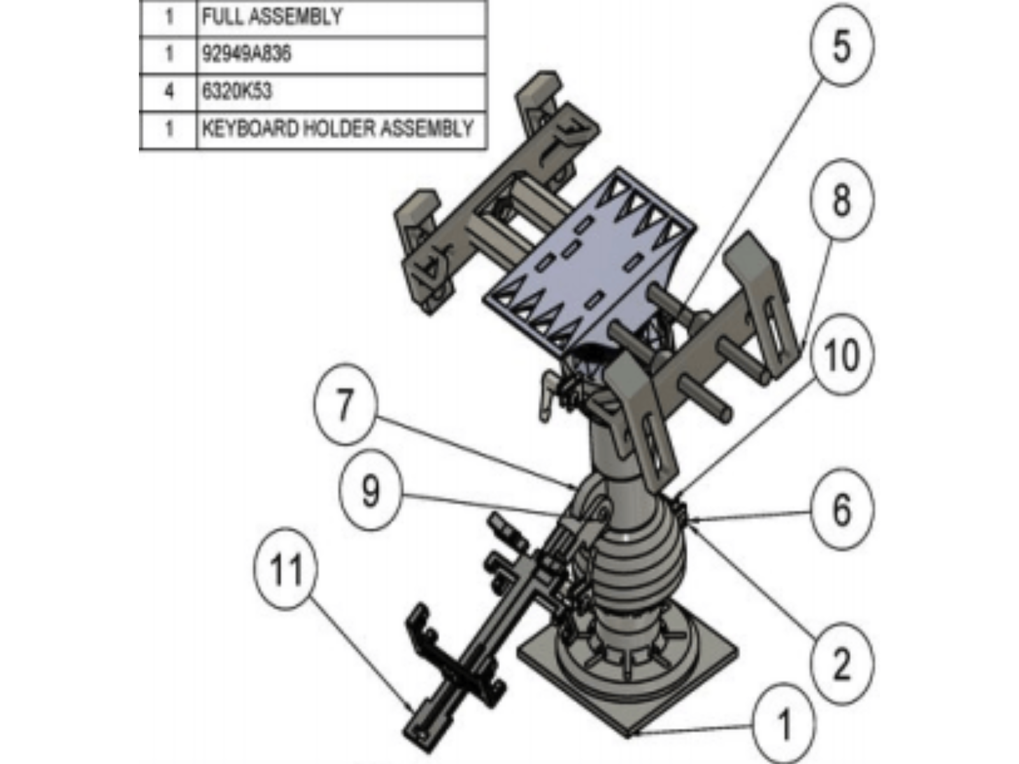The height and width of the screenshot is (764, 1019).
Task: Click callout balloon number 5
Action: [841, 46]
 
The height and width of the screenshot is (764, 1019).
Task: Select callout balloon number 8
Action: [841, 200]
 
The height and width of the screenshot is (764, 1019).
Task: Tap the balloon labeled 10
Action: [841, 354]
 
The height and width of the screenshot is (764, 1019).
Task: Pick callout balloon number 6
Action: [841, 509]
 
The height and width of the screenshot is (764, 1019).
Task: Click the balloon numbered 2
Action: [841, 664]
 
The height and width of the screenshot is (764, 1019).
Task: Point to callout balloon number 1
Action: [784, 724]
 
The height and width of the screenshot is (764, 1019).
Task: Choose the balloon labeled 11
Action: [285, 569]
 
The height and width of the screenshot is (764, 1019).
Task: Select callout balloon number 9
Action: [371, 491]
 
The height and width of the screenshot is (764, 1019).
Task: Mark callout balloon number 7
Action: [345, 404]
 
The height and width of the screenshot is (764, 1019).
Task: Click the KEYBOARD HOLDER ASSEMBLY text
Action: [338, 129]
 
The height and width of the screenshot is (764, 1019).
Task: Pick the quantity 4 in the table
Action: [169, 92]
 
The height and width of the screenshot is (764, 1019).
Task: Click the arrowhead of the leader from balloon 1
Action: [631, 734]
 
